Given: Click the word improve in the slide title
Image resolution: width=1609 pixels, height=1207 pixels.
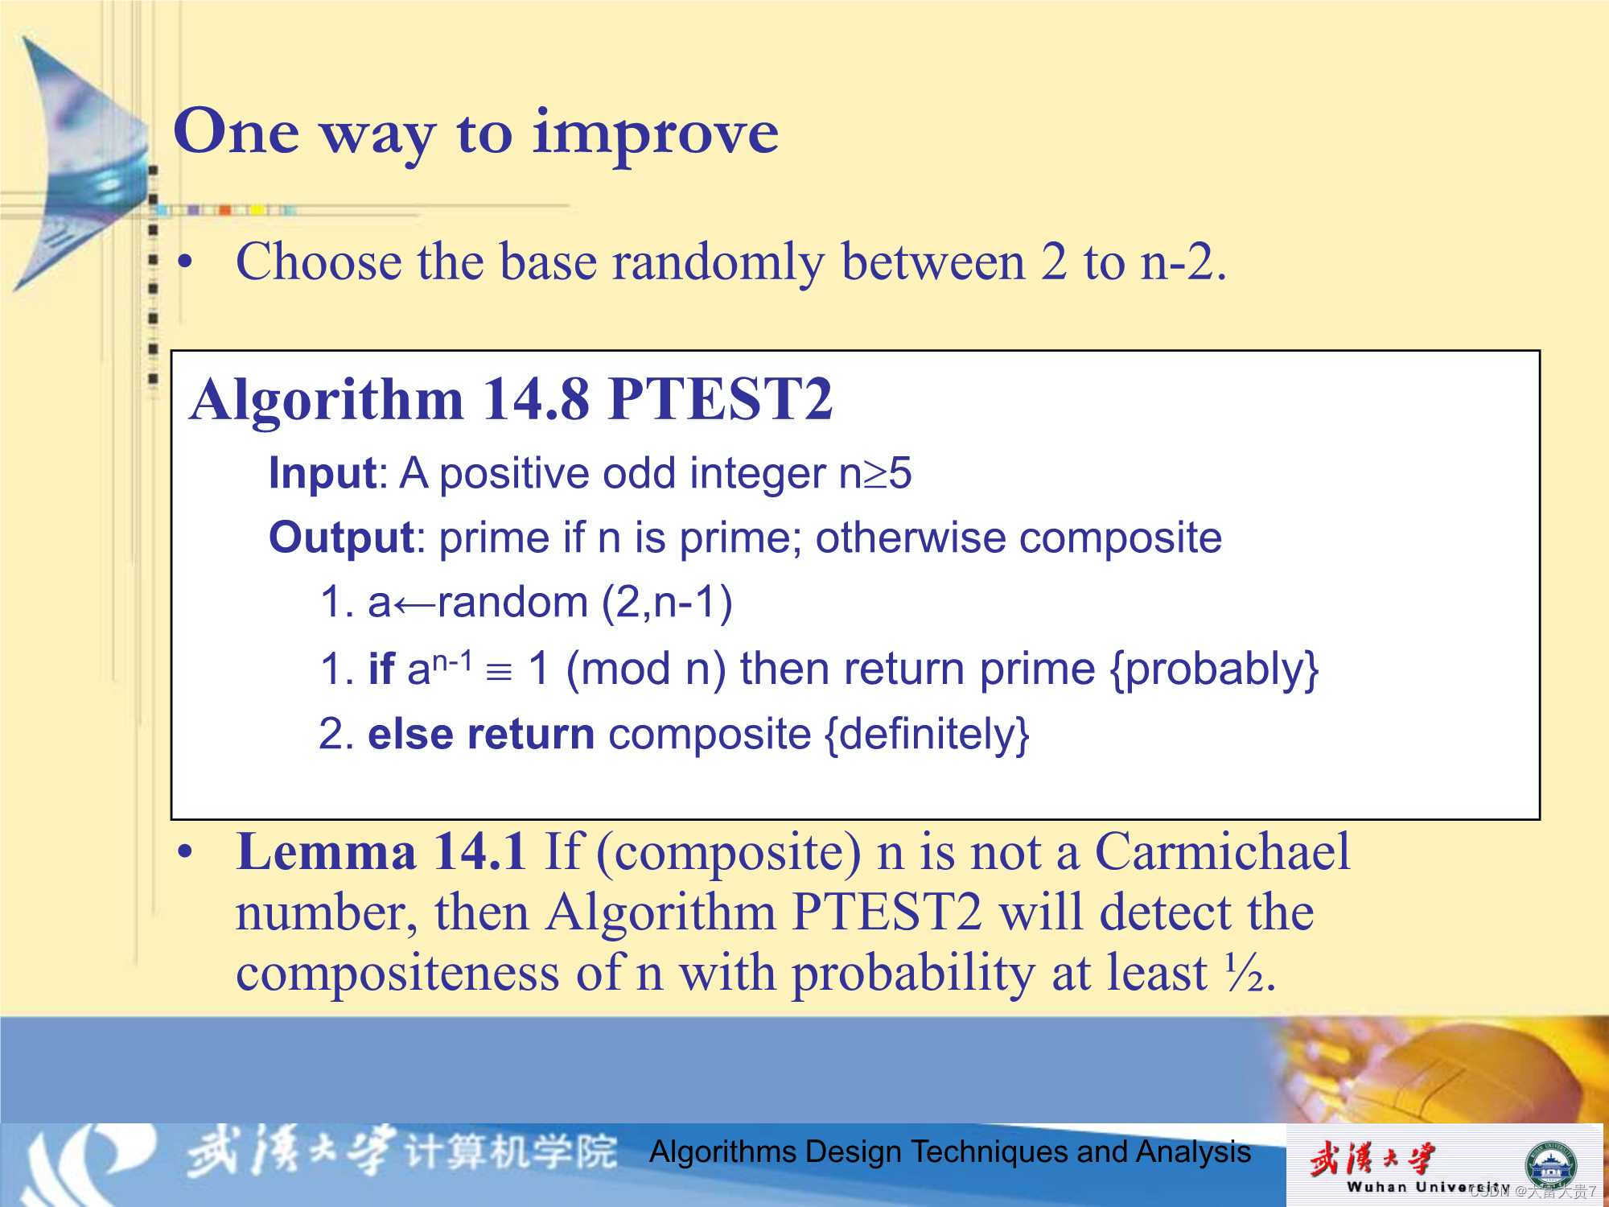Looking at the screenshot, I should point(655,133).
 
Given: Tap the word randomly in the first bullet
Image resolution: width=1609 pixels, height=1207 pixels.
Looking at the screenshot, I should point(718,262).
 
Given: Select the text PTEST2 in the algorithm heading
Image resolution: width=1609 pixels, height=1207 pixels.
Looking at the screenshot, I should point(720,399).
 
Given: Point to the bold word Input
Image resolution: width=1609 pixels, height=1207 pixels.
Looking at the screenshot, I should point(322,473).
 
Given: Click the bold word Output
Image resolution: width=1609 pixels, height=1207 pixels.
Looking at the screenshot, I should point(340,538).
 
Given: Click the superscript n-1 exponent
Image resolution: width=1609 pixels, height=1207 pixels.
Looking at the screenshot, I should point(452,661).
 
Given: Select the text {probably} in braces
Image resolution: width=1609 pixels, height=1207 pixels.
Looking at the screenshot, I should point(1214,669).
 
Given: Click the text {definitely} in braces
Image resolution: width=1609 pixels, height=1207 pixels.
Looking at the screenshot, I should point(927,735).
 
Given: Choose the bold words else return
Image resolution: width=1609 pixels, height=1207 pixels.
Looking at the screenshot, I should point(480,734).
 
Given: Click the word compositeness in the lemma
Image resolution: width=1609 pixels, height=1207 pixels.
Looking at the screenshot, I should point(397,974).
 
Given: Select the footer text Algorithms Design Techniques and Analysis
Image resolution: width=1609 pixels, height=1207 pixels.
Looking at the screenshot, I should point(950,1152).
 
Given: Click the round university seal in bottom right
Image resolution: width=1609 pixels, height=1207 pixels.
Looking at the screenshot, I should point(1551,1164).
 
